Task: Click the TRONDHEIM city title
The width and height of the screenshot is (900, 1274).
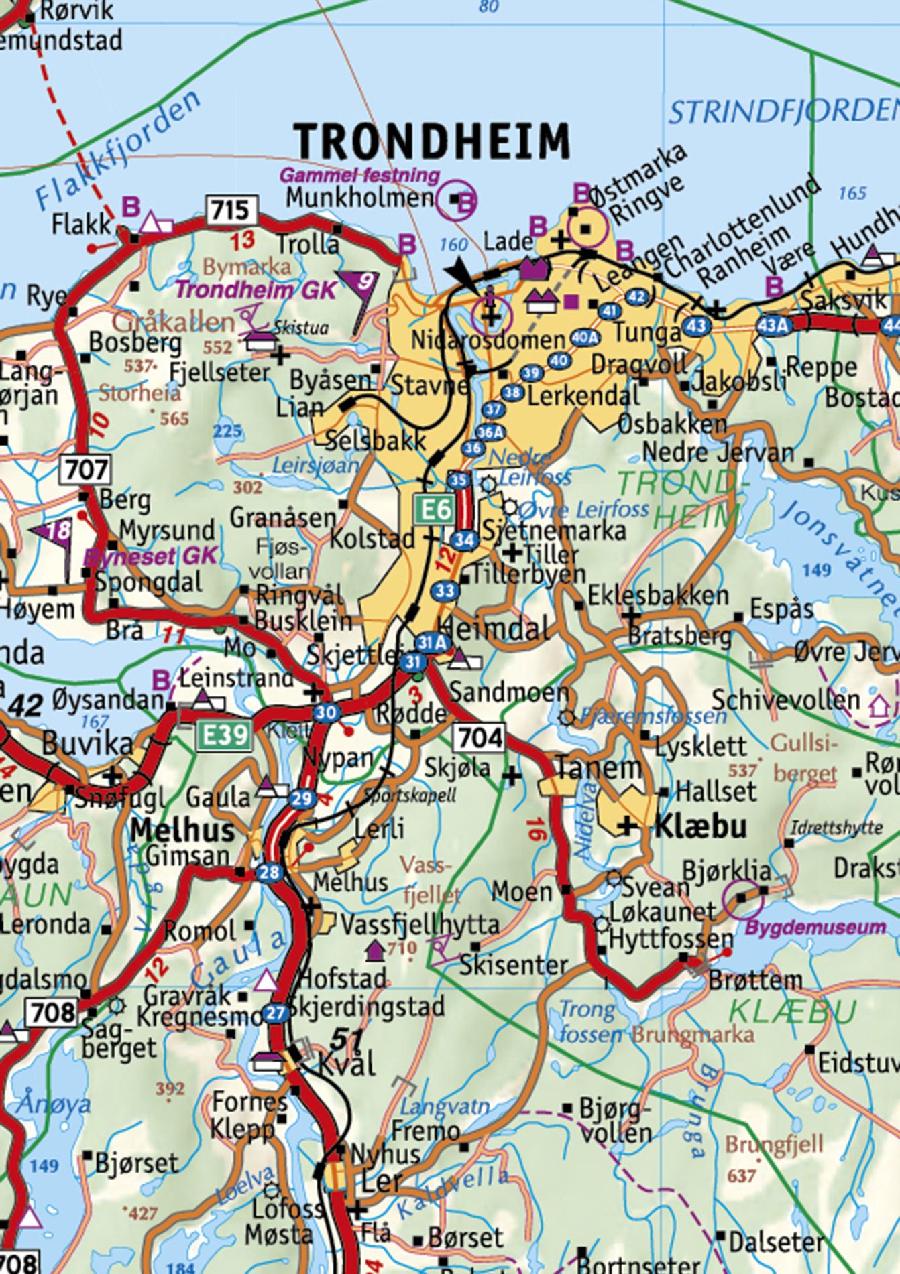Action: coord(433,142)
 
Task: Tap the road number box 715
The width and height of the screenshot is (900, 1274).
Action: coord(231,211)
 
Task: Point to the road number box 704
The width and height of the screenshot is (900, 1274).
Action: coord(480,738)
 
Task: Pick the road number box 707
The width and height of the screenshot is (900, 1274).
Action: coord(87,469)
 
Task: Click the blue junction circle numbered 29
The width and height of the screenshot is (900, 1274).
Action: coord(302,798)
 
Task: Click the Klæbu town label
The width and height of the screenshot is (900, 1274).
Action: coord(700,826)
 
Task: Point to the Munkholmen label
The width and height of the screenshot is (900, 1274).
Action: coord(359,198)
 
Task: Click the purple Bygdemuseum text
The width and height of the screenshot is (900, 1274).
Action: coord(815,928)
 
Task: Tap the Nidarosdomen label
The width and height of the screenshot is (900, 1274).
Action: coord(479,340)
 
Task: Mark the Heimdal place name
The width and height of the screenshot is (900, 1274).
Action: coord(496,629)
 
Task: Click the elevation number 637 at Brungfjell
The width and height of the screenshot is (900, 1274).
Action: coord(741,1175)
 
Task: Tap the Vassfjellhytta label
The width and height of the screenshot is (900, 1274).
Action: coord(420,925)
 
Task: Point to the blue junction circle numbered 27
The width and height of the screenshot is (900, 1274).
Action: coord(275,1013)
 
